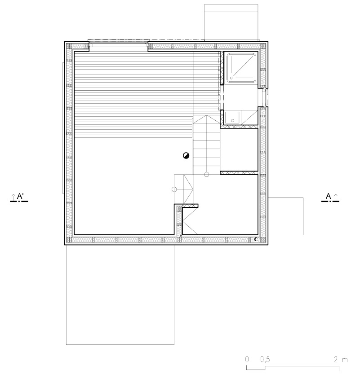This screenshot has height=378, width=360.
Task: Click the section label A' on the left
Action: [20, 197]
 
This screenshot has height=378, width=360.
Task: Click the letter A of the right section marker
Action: [329, 196]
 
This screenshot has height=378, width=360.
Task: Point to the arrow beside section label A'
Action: [13, 197]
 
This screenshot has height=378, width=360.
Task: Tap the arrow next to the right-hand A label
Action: [336, 197]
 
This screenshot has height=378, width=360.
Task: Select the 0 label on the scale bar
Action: [247, 360]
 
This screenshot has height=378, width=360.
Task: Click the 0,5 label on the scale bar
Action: [265, 360]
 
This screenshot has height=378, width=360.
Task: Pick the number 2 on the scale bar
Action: [336, 360]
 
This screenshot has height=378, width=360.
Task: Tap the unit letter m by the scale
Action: [345, 360]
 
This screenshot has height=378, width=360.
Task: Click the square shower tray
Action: [241, 67]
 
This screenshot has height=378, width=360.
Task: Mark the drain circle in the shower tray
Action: [231, 78]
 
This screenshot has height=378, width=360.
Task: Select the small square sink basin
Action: [232, 118]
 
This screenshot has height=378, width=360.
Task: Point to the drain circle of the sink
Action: [233, 120]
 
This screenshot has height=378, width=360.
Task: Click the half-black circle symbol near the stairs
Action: [186, 155]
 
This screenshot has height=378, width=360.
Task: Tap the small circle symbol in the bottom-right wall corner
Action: [256, 239]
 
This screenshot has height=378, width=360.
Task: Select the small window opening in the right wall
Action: [263, 97]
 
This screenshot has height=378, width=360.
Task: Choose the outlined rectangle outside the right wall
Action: [286, 216]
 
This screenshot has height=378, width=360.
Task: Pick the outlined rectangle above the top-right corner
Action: [231, 22]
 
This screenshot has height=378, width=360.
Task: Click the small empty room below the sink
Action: [239, 149]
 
